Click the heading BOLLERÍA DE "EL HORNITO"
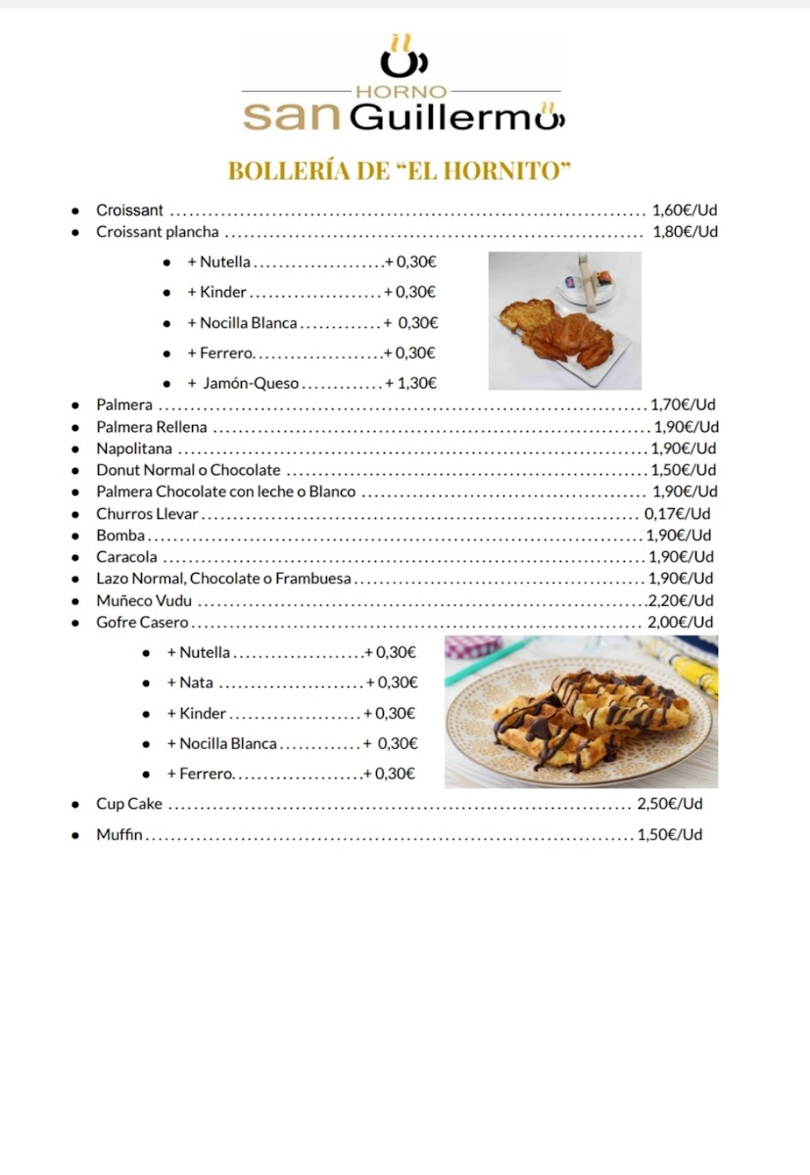pos(399,170)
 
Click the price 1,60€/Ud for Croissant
pos(685,210)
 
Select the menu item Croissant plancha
pos(157,232)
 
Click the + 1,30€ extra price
pos(410,384)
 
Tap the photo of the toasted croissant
pos(564,320)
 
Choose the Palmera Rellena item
pos(151,427)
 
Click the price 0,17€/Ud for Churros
pos(677,514)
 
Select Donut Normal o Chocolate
pos(187,470)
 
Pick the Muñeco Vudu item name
pos(143,600)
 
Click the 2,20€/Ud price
pos(681,600)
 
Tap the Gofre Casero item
pos(142,623)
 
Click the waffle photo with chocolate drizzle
pos(581,712)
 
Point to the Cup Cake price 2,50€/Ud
pos(670,804)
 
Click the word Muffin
pos(119,835)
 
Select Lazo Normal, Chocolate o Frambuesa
pos(223,579)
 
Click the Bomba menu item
pos(119,536)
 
